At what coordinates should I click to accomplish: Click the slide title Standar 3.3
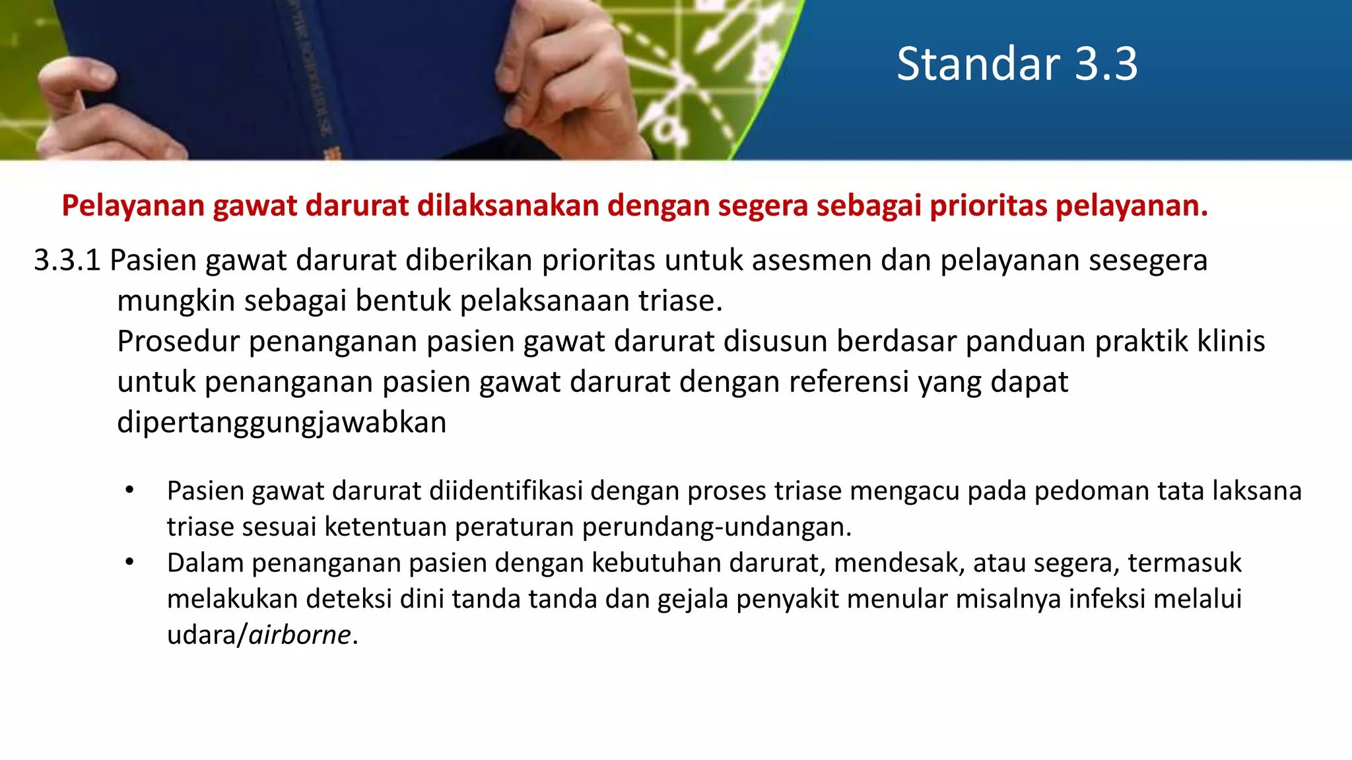[x=1017, y=64]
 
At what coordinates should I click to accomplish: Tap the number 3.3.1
[x=67, y=260]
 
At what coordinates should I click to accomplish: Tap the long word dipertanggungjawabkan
[x=282, y=423]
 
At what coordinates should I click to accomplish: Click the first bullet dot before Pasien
[x=129, y=490]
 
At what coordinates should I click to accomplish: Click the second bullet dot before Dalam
[x=129, y=562]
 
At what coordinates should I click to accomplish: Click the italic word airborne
[x=300, y=635]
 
